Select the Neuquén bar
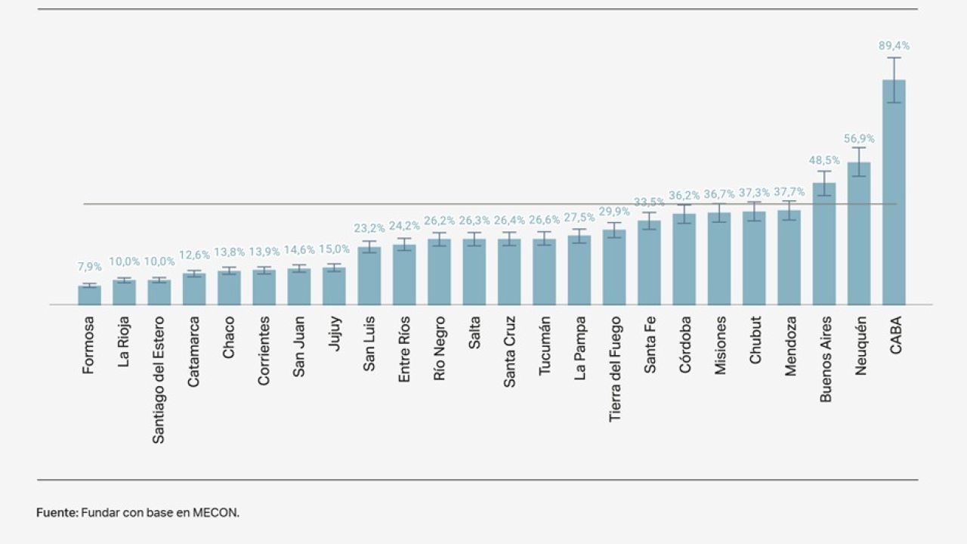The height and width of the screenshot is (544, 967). [859, 234]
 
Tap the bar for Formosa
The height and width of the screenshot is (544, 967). [89, 295]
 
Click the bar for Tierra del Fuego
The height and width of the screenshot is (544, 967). [614, 267]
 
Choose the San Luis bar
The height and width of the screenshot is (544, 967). [369, 276]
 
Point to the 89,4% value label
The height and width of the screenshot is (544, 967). [894, 46]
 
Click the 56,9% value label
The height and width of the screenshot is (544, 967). [859, 139]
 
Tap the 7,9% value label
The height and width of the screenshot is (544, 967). [89, 267]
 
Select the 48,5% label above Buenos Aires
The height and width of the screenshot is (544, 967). [824, 160]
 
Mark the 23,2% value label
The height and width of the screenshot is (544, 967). [369, 228]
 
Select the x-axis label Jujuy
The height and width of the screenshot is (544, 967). [334, 333]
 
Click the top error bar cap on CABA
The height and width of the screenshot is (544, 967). [894, 58]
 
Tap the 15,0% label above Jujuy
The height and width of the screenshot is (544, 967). [334, 249]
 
